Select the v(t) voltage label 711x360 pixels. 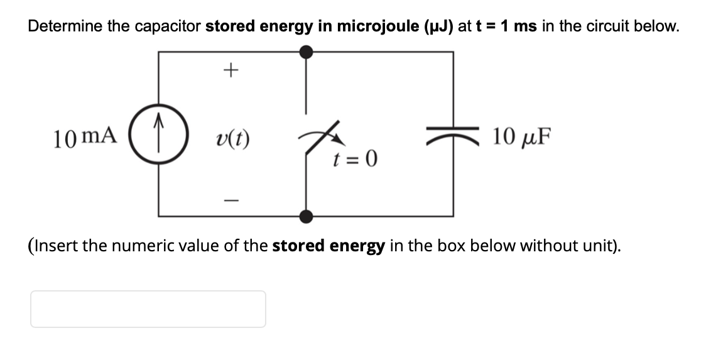point(232,137)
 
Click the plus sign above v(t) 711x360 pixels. point(232,69)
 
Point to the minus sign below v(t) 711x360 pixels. point(232,201)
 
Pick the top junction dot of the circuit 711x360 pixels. point(306,52)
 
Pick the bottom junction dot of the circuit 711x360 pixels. point(306,217)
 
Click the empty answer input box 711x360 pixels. point(148,309)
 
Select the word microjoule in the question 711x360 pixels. point(372,26)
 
